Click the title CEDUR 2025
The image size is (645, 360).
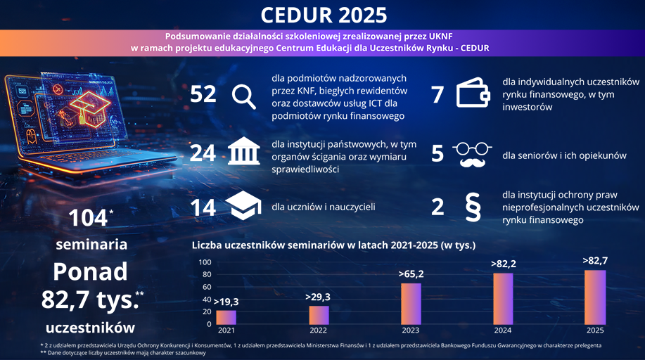(323, 15)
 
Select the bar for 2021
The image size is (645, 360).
(226, 316)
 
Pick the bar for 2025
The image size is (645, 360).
(595, 297)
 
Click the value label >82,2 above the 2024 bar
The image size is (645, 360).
(503, 264)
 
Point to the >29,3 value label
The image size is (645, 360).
(319, 297)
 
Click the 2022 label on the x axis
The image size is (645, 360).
(319, 330)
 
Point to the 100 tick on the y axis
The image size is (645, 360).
(205, 262)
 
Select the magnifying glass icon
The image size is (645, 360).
(243, 96)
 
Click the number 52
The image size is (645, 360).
(203, 95)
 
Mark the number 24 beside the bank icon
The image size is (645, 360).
(203, 153)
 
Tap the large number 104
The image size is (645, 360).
(88, 218)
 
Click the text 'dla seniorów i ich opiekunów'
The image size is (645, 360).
(564, 156)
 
